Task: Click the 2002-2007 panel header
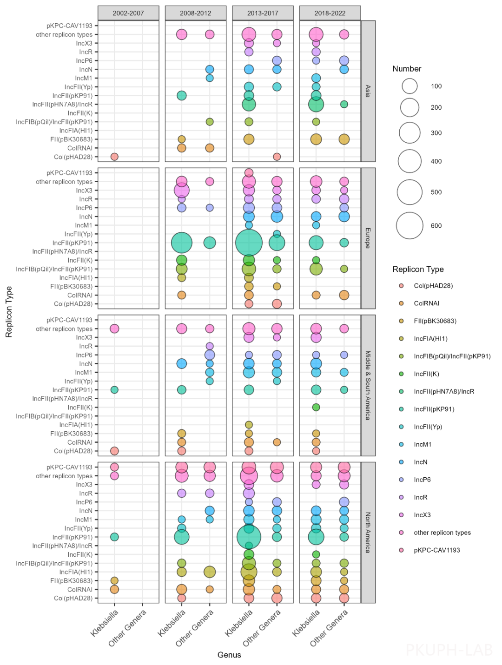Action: click(x=128, y=13)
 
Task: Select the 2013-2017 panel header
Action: click(x=263, y=13)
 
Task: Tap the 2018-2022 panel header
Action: click(x=330, y=13)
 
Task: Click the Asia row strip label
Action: click(x=368, y=91)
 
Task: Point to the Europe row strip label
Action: click(x=368, y=238)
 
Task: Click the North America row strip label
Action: click(x=368, y=533)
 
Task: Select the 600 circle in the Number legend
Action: click(x=410, y=226)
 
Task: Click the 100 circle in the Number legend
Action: click(x=410, y=86)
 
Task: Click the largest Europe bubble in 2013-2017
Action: click(x=249, y=243)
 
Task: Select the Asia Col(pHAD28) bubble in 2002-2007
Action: click(x=114, y=157)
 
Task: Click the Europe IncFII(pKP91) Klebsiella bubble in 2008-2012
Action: click(x=182, y=243)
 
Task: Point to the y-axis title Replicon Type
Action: click(x=9, y=311)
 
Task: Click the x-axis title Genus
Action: click(x=229, y=655)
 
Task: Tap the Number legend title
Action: click(x=407, y=69)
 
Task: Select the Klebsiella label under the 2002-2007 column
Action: click(x=105, y=623)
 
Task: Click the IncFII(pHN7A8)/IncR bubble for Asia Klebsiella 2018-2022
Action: click(x=316, y=104)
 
